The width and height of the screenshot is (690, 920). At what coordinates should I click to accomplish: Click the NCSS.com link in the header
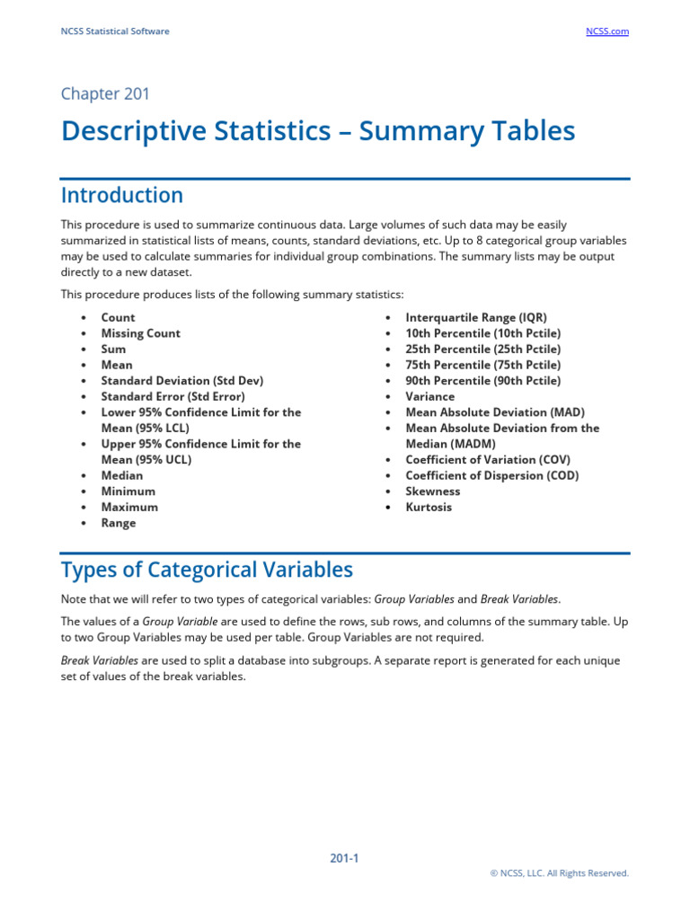pyautogui.click(x=606, y=31)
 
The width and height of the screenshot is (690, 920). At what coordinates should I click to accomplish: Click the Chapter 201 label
pyautogui.click(x=105, y=93)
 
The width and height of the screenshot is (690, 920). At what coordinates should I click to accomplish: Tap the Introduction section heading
pyautogui.click(x=121, y=195)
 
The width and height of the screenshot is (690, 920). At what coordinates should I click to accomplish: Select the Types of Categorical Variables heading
pyautogui.click(x=207, y=570)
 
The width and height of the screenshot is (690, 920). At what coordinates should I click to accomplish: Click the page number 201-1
pyautogui.click(x=344, y=858)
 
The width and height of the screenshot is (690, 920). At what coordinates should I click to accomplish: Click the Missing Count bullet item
pyautogui.click(x=140, y=333)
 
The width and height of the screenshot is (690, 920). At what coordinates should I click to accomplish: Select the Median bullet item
pyautogui.click(x=121, y=475)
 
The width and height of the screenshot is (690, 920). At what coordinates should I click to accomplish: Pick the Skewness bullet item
pyautogui.click(x=432, y=491)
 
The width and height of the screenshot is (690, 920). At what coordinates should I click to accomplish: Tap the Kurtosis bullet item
pyautogui.click(x=429, y=507)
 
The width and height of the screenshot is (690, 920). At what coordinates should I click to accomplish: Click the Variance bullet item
pyautogui.click(x=429, y=396)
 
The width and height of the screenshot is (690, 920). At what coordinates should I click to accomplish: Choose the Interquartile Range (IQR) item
pyautogui.click(x=475, y=317)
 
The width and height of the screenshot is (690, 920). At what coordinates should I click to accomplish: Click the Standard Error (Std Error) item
pyautogui.click(x=172, y=396)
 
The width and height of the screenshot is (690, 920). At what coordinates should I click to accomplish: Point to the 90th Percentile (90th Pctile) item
pyautogui.click(x=482, y=381)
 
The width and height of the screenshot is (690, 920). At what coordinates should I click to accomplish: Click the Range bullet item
pyautogui.click(x=119, y=523)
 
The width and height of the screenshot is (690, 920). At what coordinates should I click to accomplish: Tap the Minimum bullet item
pyautogui.click(x=128, y=491)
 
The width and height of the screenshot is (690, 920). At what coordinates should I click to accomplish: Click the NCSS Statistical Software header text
pyautogui.click(x=115, y=31)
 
